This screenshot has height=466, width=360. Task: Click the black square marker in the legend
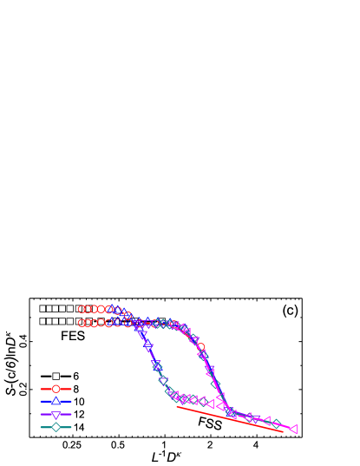(56, 376)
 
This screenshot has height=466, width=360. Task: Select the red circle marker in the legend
(56, 389)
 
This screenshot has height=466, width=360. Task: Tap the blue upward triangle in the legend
(56, 402)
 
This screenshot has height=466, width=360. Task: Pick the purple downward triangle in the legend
(56, 415)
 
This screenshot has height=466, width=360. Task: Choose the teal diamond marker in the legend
(56, 427)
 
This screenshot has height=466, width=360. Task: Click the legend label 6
(75, 376)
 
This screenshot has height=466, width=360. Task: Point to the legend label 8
(75, 389)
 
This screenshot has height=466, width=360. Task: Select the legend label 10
(78, 402)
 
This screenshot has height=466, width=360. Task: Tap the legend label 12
(78, 415)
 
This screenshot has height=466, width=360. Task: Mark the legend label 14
(78, 427)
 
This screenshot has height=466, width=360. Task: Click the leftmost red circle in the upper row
(82, 309)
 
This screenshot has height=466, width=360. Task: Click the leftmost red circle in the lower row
(82, 323)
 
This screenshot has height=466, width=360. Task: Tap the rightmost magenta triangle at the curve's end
(293, 429)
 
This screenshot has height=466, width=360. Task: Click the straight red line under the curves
(230, 418)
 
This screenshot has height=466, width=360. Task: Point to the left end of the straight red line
(177, 406)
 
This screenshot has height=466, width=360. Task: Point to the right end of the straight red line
(283, 430)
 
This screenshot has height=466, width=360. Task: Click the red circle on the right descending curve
(201, 347)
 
